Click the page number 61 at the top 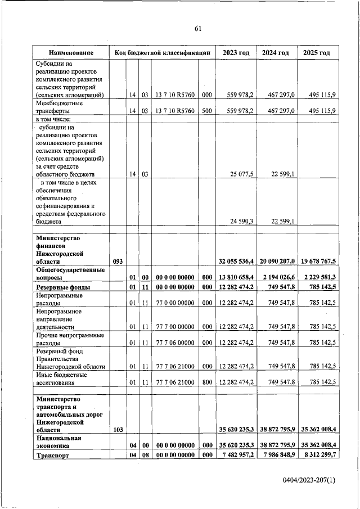(197, 29)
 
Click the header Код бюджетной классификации (163, 52)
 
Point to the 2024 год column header (276, 52)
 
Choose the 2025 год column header (317, 52)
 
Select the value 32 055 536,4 (236, 261)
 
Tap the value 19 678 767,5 (317, 261)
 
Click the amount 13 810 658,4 (236, 277)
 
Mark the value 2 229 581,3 (318, 277)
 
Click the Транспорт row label (52, 456)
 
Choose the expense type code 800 (206, 382)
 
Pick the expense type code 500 (206, 111)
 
